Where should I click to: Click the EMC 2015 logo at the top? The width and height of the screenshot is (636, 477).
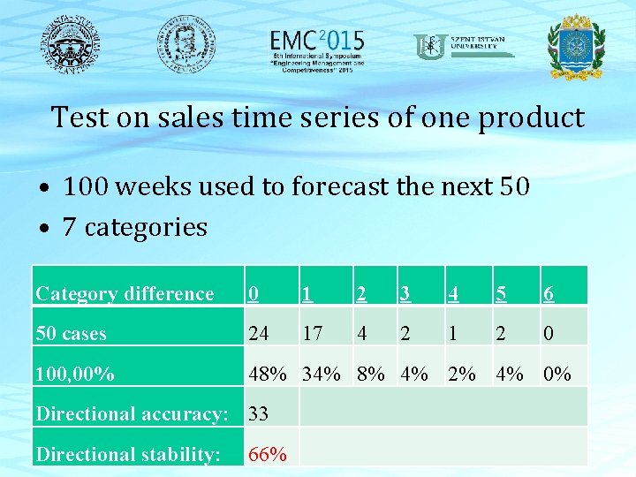pyautogui.click(x=316, y=48)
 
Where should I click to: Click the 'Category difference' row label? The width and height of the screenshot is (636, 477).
pyautogui.click(x=125, y=294)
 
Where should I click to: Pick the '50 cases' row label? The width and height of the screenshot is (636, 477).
pyautogui.click(x=71, y=334)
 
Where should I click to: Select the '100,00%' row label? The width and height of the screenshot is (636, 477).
pyautogui.click(x=74, y=375)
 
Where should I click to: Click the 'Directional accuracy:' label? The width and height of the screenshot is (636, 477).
pyautogui.click(x=132, y=414)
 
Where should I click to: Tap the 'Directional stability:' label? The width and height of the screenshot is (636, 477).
pyautogui.click(x=128, y=454)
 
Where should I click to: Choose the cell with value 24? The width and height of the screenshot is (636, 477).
pyautogui.click(x=259, y=334)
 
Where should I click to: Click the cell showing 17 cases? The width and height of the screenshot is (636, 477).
pyautogui.click(x=313, y=334)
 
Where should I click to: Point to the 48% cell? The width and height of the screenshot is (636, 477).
pyautogui.click(x=267, y=375)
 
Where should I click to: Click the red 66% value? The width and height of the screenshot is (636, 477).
pyautogui.click(x=267, y=454)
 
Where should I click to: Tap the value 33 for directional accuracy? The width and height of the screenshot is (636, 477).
pyautogui.click(x=259, y=414)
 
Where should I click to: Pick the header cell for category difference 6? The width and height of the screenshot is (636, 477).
pyautogui.click(x=549, y=294)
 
